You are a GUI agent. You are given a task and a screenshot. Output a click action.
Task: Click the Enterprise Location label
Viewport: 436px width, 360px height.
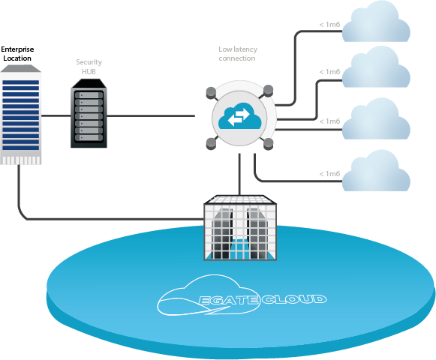pyautogui.click(x=17, y=54)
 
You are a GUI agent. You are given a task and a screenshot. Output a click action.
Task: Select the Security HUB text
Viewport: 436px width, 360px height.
pyautogui.click(x=89, y=67)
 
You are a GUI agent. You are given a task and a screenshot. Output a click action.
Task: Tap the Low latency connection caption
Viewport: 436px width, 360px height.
pyautogui.click(x=238, y=54)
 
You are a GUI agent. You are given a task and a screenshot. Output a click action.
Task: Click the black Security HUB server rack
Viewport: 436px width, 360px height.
pyautogui.click(x=89, y=113)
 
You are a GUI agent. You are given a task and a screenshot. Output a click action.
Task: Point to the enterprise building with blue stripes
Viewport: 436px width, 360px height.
pyautogui.click(x=20, y=115)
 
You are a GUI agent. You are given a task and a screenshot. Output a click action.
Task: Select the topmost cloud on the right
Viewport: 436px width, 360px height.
pyautogui.click(x=376, y=22)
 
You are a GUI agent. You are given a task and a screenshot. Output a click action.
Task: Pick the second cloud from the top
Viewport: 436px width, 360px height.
pyautogui.click(x=376, y=67)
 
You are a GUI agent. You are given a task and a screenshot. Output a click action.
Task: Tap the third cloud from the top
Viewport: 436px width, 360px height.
pyautogui.click(x=376, y=118)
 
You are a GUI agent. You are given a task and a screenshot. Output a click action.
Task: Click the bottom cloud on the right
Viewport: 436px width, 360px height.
pyautogui.click(x=376, y=170)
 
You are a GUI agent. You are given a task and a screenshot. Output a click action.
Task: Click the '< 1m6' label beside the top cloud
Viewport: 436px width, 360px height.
pyautogui.click(x=329, y=25)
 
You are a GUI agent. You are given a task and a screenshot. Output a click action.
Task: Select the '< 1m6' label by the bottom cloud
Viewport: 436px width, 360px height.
pyautogui.click(x=329, y=174)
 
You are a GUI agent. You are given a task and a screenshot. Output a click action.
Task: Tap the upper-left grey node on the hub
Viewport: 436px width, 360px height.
pyautogui.click(x=211, y=92)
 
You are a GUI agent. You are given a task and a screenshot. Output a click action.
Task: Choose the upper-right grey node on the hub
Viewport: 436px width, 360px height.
pyautogui.click(x=269, y=91)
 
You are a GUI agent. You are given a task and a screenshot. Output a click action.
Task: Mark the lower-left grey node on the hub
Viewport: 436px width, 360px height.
pyautogui.click(x=212, y=143)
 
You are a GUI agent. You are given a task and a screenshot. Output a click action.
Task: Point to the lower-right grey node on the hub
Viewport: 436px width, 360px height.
pyautogui.click(x=269, y=144)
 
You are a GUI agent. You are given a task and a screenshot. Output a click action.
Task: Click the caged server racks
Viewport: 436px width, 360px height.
pyautogui.click(x=240, y=228)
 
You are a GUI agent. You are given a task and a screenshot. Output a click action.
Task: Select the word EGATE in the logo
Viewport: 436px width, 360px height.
pyautogui.click(x=229, y=300)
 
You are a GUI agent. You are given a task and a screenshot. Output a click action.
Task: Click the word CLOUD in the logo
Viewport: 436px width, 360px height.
pyautogui.click(x=293, y=298)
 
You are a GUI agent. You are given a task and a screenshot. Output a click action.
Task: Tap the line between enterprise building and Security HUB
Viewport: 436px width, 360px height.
pyautogui.click(x=56, y=115)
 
